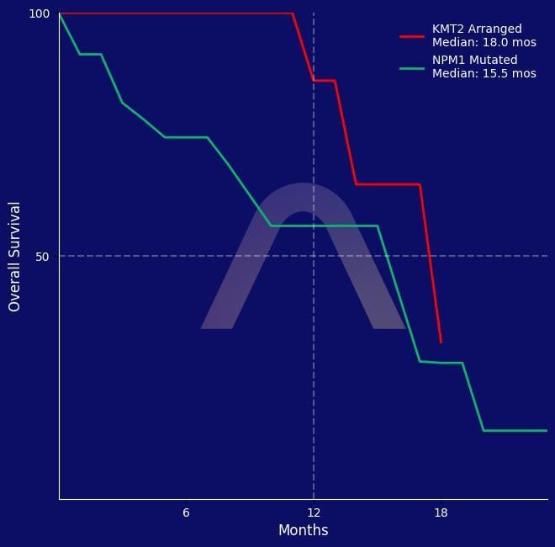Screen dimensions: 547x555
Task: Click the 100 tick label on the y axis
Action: pos(40,13)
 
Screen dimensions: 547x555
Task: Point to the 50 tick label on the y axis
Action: pos(43,256)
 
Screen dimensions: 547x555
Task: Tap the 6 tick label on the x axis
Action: pos(186,512)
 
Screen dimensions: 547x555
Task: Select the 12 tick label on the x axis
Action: pos(314,512)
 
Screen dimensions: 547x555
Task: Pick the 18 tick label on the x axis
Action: pos(441,512)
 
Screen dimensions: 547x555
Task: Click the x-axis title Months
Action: pos(303,530)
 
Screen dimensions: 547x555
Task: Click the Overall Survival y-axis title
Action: pos(14,256)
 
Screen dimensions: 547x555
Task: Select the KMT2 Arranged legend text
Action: pos(476,29)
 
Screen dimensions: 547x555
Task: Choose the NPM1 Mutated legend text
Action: pos(474,61)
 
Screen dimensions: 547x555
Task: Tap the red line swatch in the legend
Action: pos(412,36)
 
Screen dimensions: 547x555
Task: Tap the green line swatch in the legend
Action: pos(412,67)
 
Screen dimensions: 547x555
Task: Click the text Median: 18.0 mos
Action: pos(484,42)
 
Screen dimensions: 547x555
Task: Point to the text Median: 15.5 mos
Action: pos(484,73)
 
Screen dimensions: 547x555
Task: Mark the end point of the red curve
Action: pos(441,343)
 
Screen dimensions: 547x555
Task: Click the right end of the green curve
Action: pos(547,430)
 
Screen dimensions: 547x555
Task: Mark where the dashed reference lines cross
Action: pos(314,256)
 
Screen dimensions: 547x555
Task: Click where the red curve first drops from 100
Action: pos(292,13)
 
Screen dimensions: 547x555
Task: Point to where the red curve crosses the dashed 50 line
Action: pos(430,256)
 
